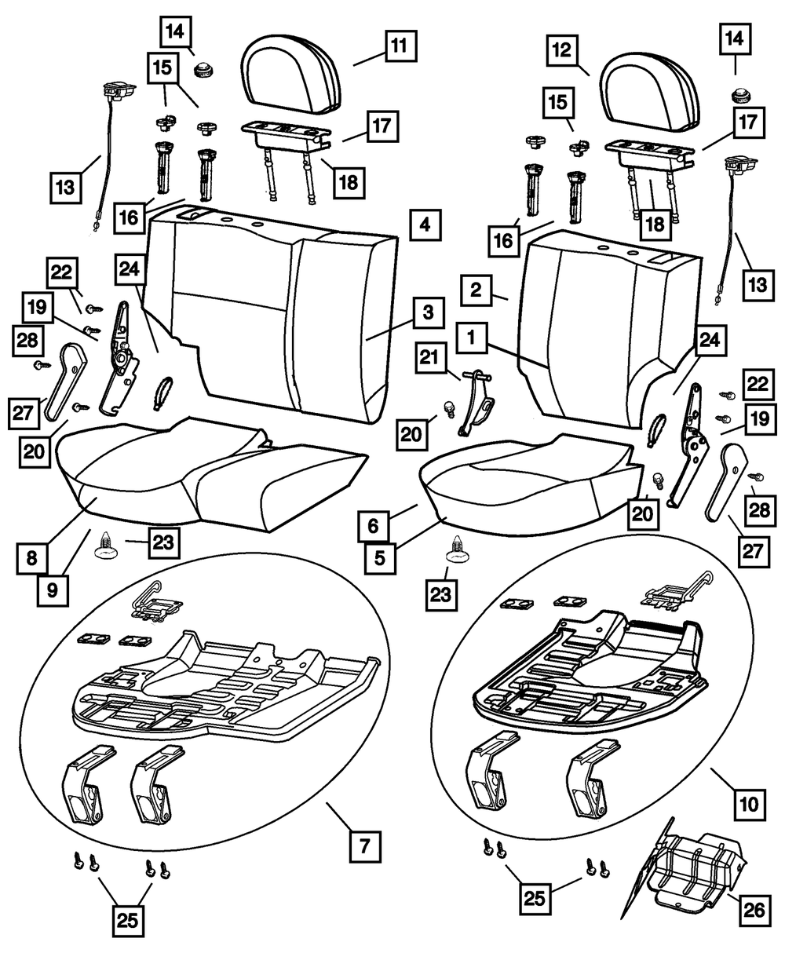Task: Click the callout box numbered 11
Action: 400,45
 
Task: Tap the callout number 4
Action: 424,225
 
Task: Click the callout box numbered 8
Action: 31,559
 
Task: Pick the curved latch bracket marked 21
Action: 476,404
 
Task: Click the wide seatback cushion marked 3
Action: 267,314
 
